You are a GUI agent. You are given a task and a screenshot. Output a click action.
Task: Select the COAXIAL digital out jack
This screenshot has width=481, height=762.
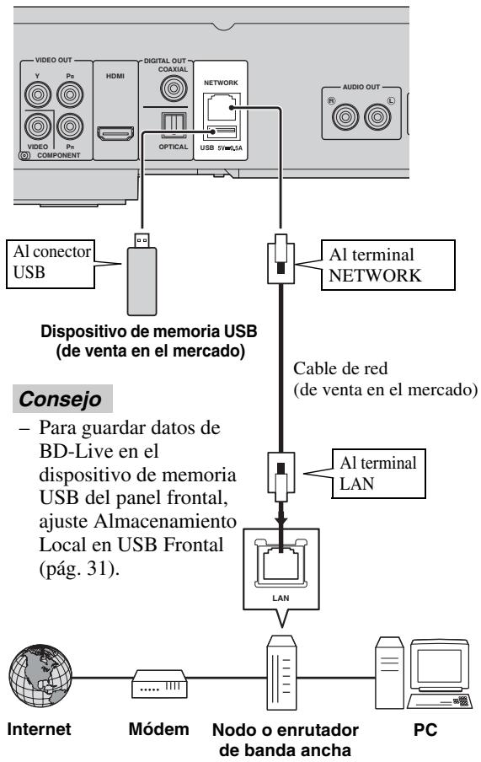click(175, 87)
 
